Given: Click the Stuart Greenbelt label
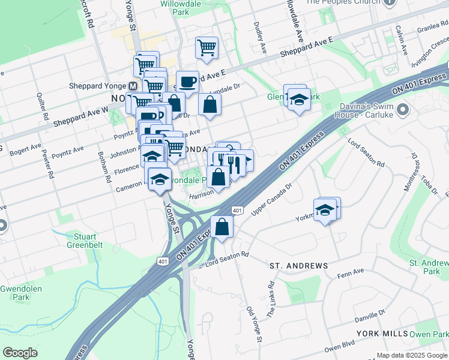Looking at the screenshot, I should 84,241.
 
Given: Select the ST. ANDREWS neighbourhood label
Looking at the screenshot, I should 298,265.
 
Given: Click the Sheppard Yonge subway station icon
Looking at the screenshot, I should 133,86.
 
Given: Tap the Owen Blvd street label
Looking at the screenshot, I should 340,347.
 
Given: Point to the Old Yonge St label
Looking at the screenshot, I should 255,325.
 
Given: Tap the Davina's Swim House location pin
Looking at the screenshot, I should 403,110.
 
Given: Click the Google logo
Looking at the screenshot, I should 20,352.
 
